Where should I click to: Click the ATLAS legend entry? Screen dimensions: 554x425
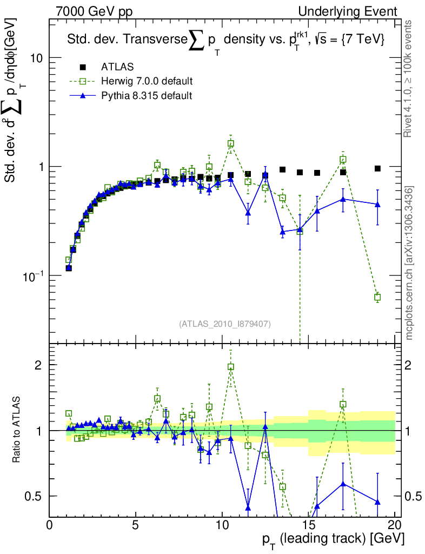(x=117, y=67)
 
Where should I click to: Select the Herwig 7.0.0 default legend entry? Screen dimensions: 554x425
(x=147, y=82)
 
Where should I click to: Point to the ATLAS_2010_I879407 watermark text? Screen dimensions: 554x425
(x=224, y=324)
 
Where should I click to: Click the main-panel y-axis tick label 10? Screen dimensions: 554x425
(x=37, y=58)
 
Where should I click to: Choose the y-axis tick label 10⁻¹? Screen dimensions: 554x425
(x=34, y=275)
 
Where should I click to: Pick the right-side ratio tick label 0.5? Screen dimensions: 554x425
(x=414, y=496)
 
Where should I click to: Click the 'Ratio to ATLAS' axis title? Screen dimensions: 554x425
(x=17, y=430)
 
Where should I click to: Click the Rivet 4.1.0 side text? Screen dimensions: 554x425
(x=410, y=78)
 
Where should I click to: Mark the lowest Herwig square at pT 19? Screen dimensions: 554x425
(x=377, y=297)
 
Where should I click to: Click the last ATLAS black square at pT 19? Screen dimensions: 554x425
(x=377, y=168)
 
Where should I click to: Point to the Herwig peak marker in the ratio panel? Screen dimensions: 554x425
(x=231, y=367)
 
